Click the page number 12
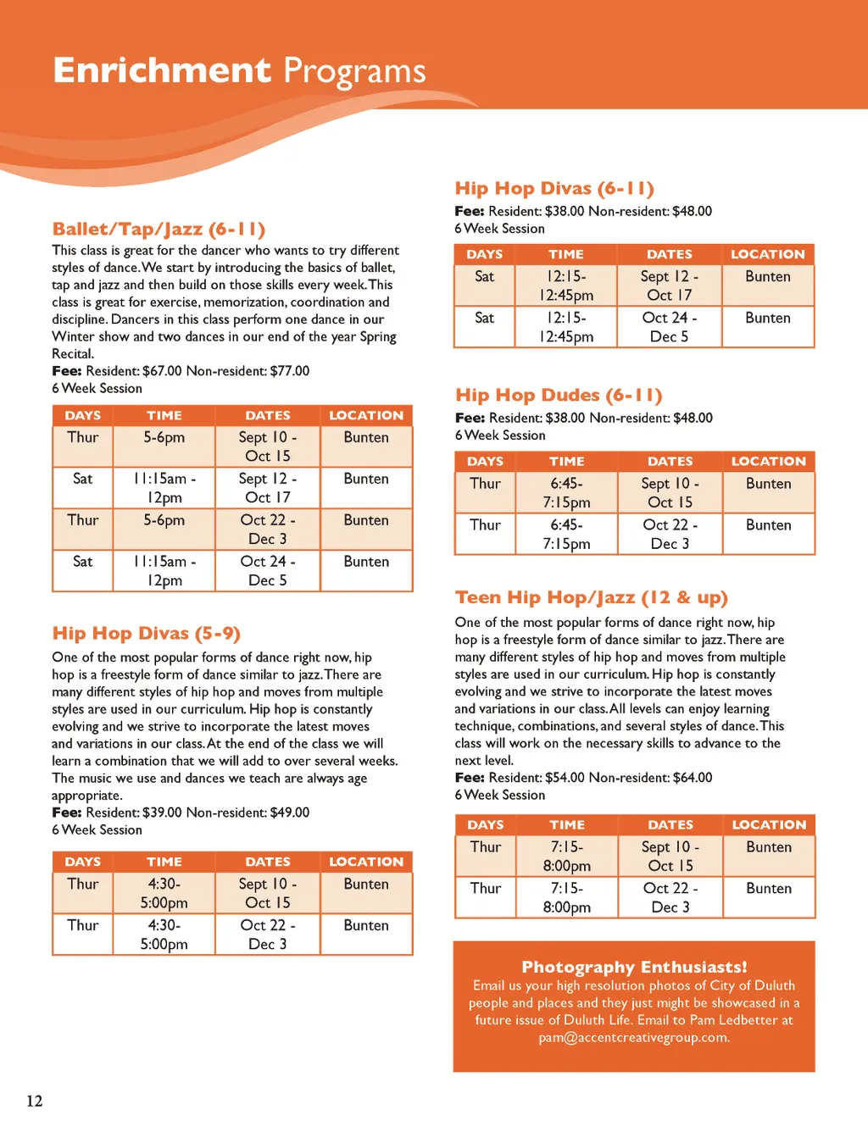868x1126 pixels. click(34, 1101)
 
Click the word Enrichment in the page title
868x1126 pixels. click(162, 70)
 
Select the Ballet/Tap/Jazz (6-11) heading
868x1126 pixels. click(159, 229)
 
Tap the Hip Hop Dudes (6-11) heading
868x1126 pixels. click(559, 395)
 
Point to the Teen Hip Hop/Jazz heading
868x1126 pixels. click(591, 597)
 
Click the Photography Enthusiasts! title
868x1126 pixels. click(634, 967)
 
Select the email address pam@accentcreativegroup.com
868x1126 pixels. click(634, 1037)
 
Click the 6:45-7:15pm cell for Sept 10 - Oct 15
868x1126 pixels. click(566, 492)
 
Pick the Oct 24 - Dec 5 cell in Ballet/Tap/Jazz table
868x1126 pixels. click(268, 571)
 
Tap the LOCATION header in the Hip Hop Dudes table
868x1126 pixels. click(768, 461)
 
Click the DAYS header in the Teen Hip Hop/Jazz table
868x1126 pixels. click(486, 824)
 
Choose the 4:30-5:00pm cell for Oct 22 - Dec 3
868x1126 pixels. click(164, 935)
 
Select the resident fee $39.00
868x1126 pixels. click(162, 813)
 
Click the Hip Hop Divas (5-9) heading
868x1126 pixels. click(146, 634)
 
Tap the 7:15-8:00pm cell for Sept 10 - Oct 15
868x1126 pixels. click(567, 856)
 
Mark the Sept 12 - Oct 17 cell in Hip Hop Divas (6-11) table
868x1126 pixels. click(670, 286)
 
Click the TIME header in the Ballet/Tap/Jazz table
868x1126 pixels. click(164, 415)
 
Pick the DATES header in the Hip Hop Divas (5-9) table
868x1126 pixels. click(268, 862)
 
